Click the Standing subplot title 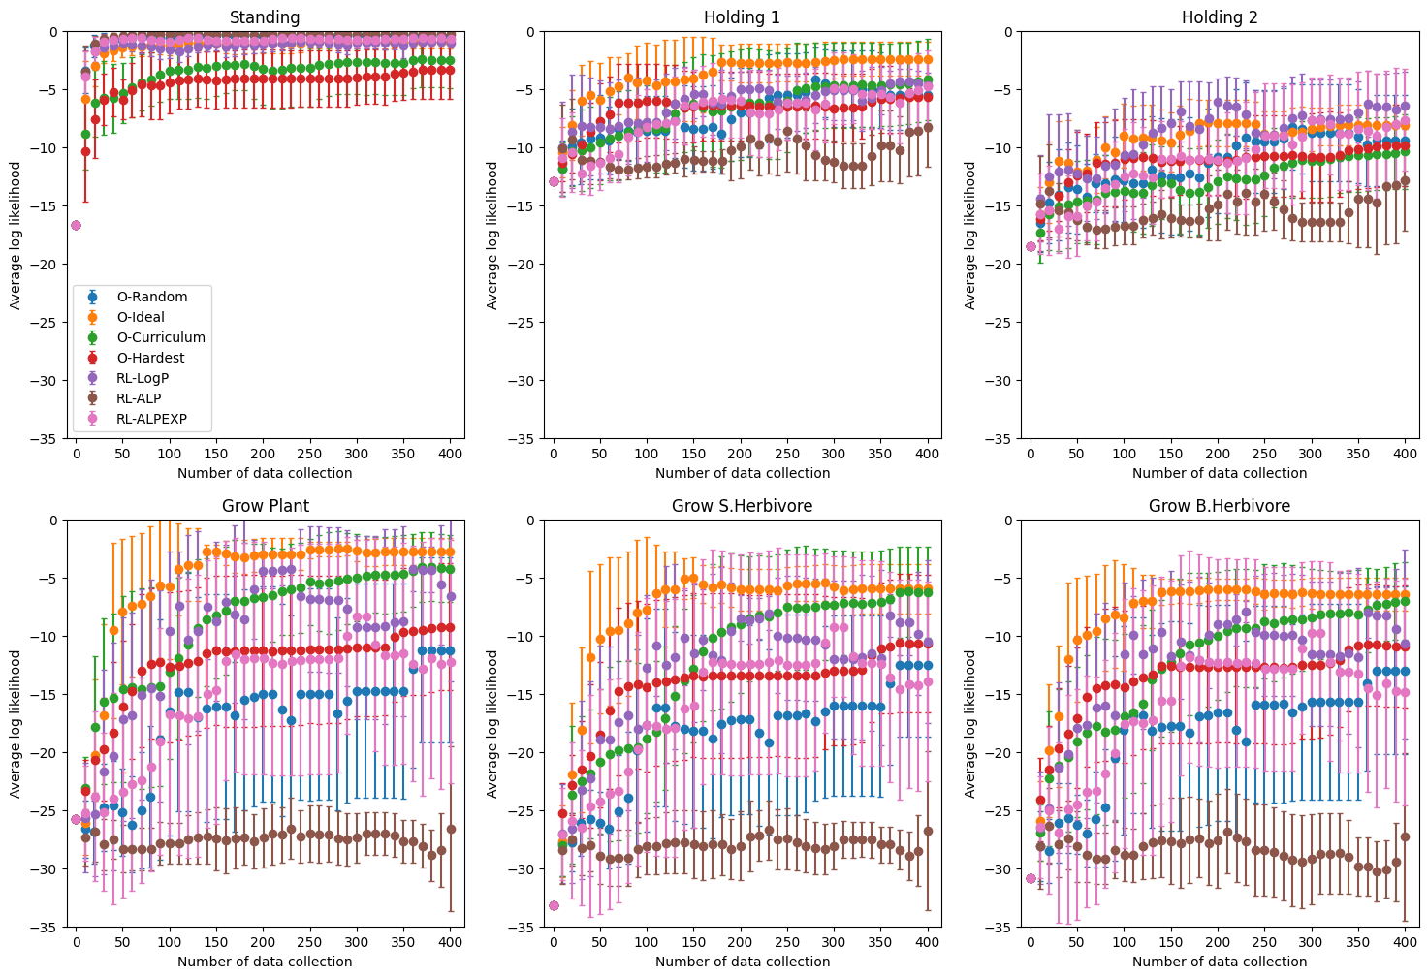pyautogui.click(x=265, y=17)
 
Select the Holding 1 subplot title pyautogui.click(x=742, y=17)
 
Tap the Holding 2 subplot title pyautogui.click(x=1220, y=17)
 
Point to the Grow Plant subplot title pyautogui.click(x=265, y=506)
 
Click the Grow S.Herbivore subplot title pyautogui.click(x=742, y=506)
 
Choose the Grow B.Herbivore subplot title pyautogui.click(x=1220, y=506)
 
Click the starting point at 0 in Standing pyautogui.click(x=76, y=225)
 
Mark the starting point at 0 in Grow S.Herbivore pyautogui.click(x=554, y=905)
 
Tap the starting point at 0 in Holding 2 pyautogui.click(x=1031, y=246)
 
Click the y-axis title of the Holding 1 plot pyautogui.click(x=492, y=236)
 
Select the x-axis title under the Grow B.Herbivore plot pyautogui.click(x=1220, y=962)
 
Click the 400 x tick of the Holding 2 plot pyautogui.click(x=1405, y=454)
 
